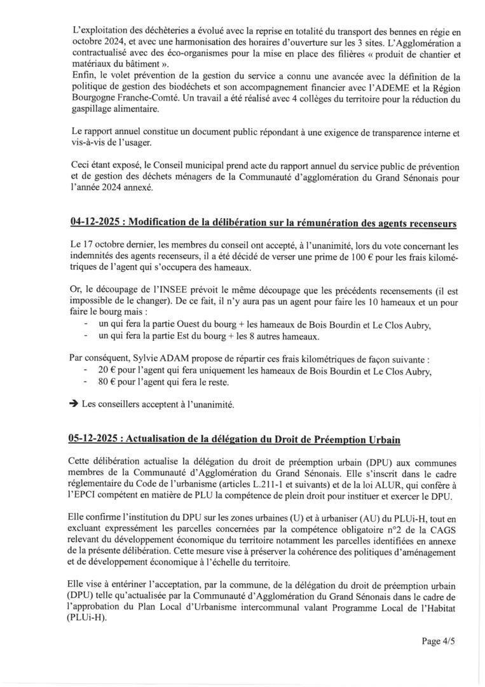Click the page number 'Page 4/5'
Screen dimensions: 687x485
pos(438,641)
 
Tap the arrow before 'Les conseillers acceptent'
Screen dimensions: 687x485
pos(74,404)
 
